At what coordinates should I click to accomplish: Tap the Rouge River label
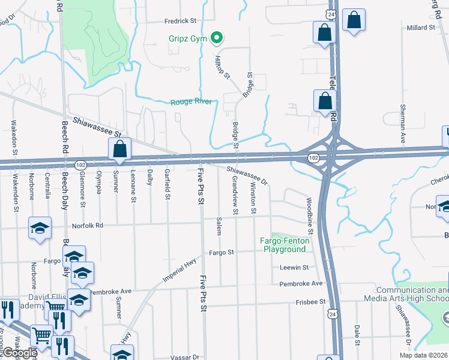coord(191,101)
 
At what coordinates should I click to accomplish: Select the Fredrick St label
coord(181,20)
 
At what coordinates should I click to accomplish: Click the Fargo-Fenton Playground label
coord(285,245)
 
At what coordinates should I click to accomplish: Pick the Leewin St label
coord(294,267)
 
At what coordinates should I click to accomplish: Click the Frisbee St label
coord(310,302)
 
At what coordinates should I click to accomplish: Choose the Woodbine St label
coord(310,215)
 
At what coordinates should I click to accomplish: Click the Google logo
coord(19,353)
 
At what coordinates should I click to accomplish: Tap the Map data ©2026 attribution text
coord(423,355)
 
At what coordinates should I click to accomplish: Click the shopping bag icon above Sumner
coord(119,149)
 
